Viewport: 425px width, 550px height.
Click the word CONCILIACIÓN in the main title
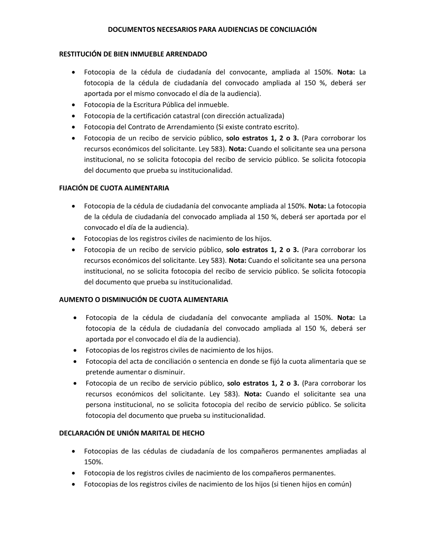click(x=294, y=30)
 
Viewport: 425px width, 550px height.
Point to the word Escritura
click(x=150, y=105)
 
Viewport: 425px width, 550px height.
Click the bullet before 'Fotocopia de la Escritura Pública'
click(x=75, y=105)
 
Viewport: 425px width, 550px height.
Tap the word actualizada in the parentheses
click(x=264, y=116)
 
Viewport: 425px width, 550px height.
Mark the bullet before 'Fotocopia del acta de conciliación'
click(x=75, y=361)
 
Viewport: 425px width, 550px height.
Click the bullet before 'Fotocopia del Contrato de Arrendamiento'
click(x=75, y=127)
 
